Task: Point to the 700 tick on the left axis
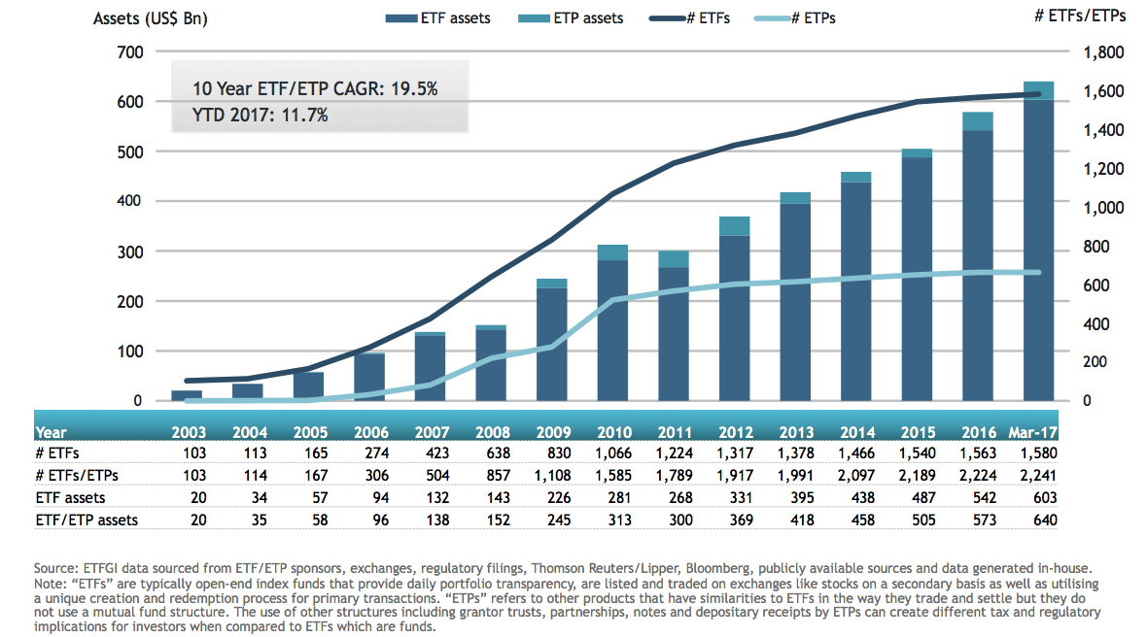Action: click(x=129, y=52)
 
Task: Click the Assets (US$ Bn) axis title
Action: click(x=151, y=18)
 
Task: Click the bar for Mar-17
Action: click(x=1038, y=243)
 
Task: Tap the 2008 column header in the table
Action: click(x=493, y=432)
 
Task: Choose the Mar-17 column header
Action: click(x=1034, y=432)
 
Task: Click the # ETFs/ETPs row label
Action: click(x=78, y=475)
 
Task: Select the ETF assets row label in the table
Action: click(x=70, y=497)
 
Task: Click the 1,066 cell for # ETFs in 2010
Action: click(x=611, y=453)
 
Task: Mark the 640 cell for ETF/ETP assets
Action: click(x=1044, y=520)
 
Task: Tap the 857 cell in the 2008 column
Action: click(x=497, y=475)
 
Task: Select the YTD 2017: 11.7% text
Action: click(x=261, y=116)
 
